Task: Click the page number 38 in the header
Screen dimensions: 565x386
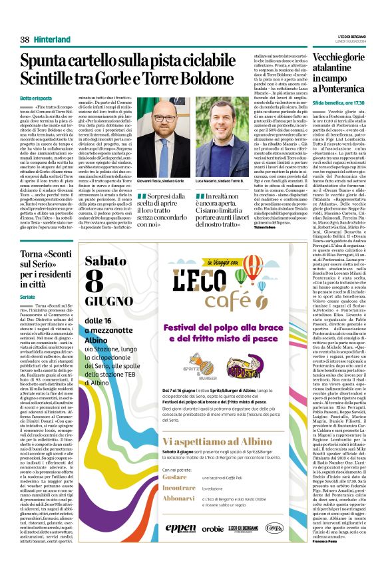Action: (x=25, y=40)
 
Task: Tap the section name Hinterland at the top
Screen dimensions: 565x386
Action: (x=53, y=40)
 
